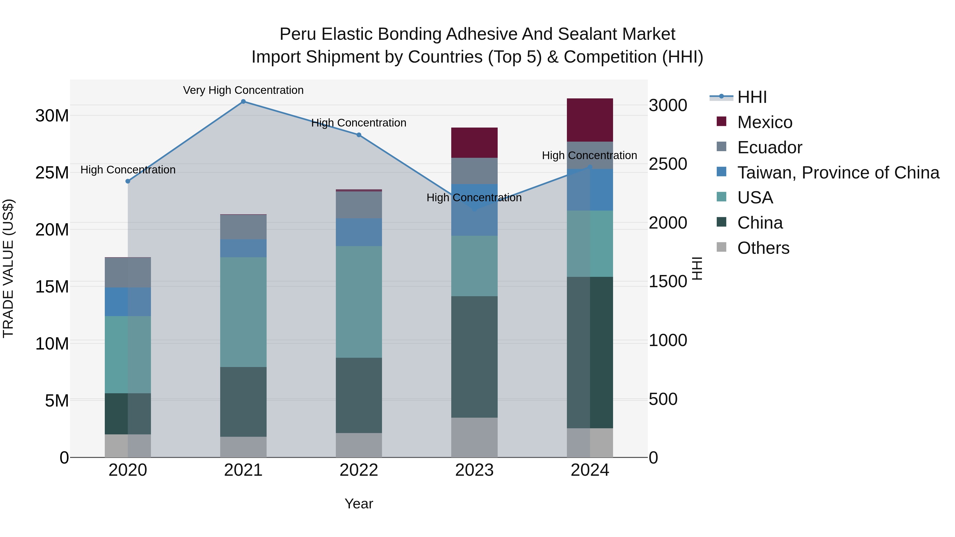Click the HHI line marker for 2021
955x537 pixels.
(x=243, y=102)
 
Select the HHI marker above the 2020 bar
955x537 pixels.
(x=128, y=181)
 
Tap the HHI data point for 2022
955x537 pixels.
(x=359, y=135)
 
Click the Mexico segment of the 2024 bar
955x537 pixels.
(x=590, y=120)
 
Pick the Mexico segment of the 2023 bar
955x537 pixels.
(x=474, y=143)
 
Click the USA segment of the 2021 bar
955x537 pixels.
(x=243, y=312)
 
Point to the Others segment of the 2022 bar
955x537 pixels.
(x=359, y=445)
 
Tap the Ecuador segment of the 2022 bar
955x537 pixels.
(x=359, y=205)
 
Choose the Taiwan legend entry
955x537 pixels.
(x=838, y=173)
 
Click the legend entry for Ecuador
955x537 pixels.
(x=769, y=147)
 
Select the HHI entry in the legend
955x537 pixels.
(x=752, y=97)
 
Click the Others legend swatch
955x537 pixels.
(x=722, y=247)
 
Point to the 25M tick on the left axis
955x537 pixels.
(x=52, y=173)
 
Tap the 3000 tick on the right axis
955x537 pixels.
(x=668, y=105)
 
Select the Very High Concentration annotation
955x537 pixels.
(x=243, y=90)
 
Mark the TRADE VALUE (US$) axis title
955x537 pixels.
(x=8, y=268)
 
